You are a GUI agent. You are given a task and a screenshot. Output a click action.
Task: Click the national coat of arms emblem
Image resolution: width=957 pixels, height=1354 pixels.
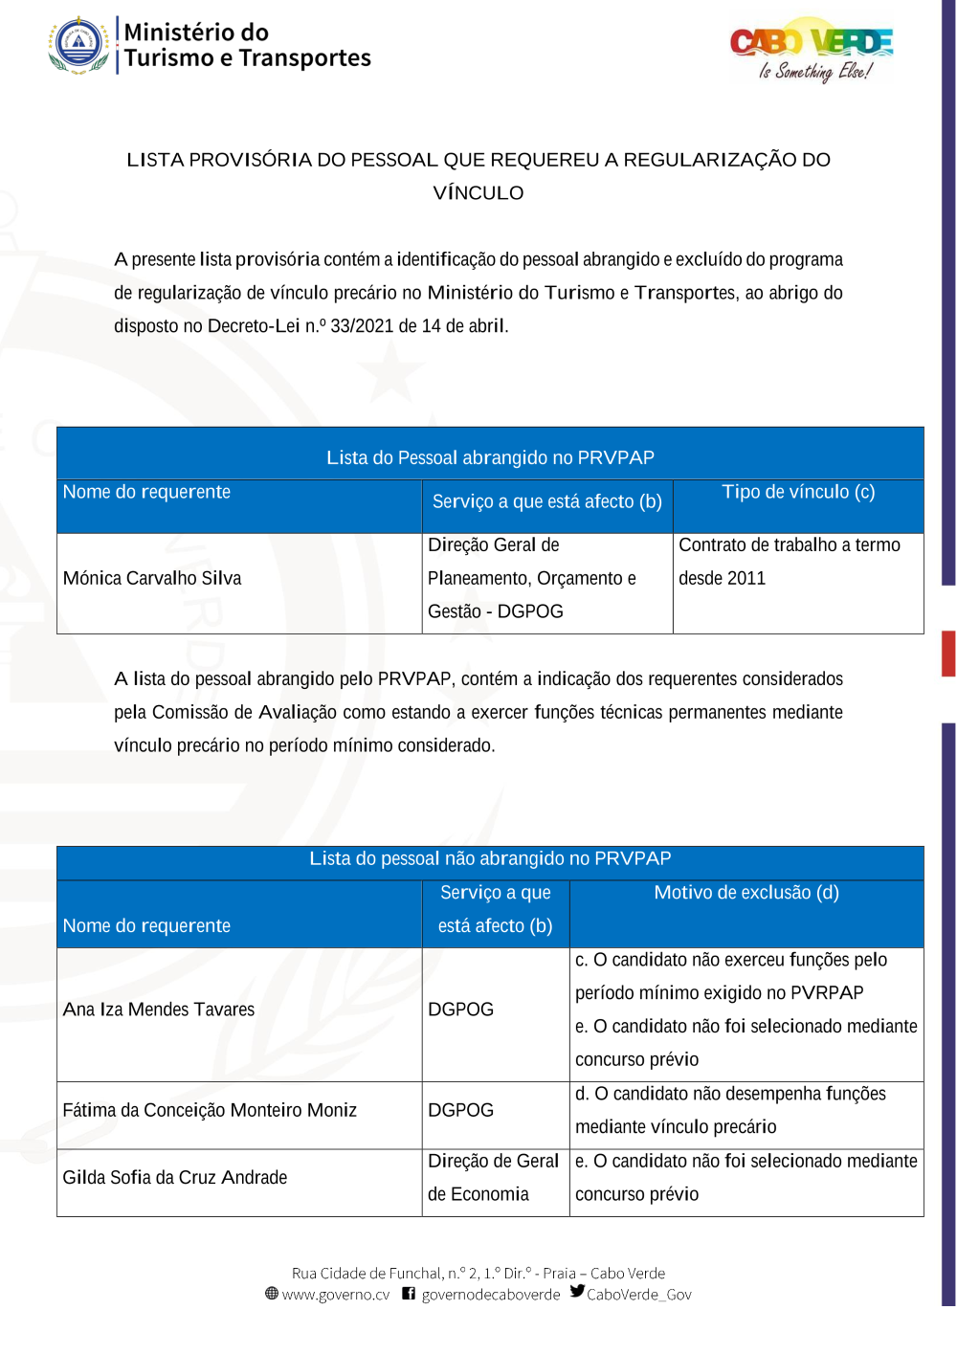[x=78, y=45]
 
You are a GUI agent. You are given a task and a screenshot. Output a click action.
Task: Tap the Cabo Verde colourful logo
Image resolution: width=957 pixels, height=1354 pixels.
[x=812, y=50]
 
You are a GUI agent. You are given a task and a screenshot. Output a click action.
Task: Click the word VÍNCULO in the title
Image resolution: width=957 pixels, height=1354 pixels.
[x=478, y=193]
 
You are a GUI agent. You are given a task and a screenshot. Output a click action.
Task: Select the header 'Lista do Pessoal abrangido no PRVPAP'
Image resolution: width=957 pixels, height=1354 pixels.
[x=490, y=458]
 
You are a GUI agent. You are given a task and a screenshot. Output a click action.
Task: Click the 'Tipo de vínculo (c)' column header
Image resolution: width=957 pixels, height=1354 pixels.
[x=798, y=492]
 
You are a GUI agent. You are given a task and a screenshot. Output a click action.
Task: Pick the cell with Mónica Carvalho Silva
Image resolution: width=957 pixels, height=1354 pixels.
[x=152, y=578]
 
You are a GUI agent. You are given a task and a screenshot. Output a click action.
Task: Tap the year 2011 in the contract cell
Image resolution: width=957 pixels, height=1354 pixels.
[x=746, y=578]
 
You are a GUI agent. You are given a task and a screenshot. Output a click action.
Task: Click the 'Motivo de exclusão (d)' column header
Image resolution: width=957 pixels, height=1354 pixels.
[x=746, y=893]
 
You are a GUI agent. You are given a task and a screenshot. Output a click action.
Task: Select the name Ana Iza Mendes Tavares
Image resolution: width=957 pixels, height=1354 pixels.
[x=159, y=1010]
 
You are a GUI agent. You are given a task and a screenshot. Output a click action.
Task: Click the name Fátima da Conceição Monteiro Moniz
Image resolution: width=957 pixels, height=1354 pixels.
[x=210, y=1110]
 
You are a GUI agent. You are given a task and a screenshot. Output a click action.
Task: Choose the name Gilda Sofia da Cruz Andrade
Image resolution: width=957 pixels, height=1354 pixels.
[x=175, y=1178]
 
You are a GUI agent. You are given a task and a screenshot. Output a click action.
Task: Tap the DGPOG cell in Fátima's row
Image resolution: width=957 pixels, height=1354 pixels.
[x=461, y=1110]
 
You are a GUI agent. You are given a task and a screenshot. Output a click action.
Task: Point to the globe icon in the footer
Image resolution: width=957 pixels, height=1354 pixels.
[x=272, y=1294]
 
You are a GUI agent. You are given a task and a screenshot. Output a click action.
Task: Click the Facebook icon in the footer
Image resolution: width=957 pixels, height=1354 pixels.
[x=409, y=1294]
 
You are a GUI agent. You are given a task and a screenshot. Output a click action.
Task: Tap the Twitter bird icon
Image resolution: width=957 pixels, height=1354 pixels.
[x=577, y=1291]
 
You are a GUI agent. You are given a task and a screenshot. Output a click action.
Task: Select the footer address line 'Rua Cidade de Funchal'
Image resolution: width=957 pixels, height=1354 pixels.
[x=478, y=1273]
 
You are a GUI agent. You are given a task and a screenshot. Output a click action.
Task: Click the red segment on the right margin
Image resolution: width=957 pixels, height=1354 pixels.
[x=948, y=654]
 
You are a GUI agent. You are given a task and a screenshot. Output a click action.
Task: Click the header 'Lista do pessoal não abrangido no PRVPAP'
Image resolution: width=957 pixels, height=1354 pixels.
[x=490, y=859]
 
